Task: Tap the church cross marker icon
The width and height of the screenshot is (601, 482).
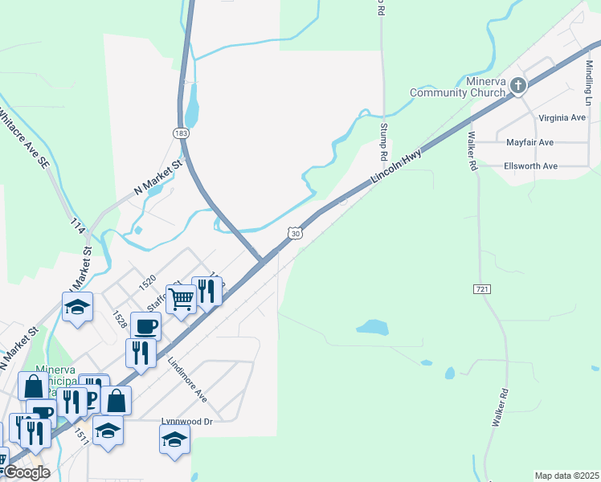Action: point(519,85)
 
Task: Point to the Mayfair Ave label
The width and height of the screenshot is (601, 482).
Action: point(529,142)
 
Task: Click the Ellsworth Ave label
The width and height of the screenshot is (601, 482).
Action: point(531,166)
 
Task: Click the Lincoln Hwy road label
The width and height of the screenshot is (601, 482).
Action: point(396,170)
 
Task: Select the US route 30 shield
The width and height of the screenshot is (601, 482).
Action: point(296,233)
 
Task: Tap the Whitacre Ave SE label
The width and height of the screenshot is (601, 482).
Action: point(23,139)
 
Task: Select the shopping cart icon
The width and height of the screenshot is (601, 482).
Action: point(182,299)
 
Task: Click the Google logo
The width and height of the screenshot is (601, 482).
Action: point(26,472)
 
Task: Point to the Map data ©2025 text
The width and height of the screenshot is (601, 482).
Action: point(566,476)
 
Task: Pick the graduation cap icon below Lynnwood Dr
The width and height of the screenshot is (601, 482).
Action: point(174,439)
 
